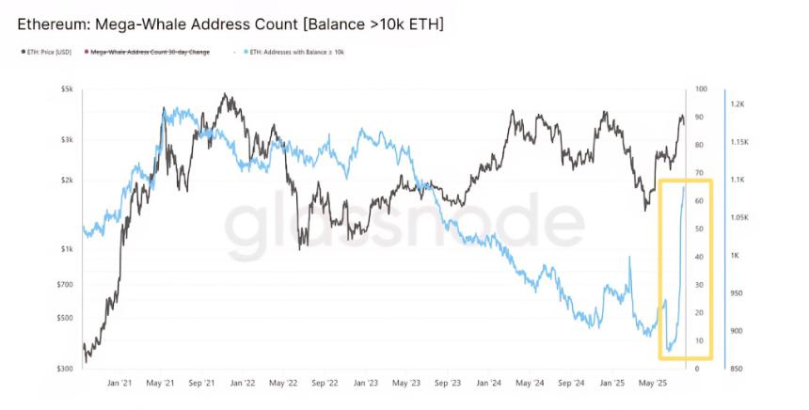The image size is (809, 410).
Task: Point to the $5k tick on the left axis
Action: click(67, 89)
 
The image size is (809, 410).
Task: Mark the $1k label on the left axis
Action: click(67, 249)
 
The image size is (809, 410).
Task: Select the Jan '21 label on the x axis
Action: click(119, 383)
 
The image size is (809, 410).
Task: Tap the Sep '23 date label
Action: click(449, 383)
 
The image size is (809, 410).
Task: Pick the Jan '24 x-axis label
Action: click(489, 383)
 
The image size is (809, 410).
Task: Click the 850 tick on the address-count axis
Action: click(737, 369)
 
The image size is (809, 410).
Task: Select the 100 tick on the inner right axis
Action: click(701, 89)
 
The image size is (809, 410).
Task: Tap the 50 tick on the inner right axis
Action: click(700, 229)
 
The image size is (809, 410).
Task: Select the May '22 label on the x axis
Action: click(284, 383)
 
